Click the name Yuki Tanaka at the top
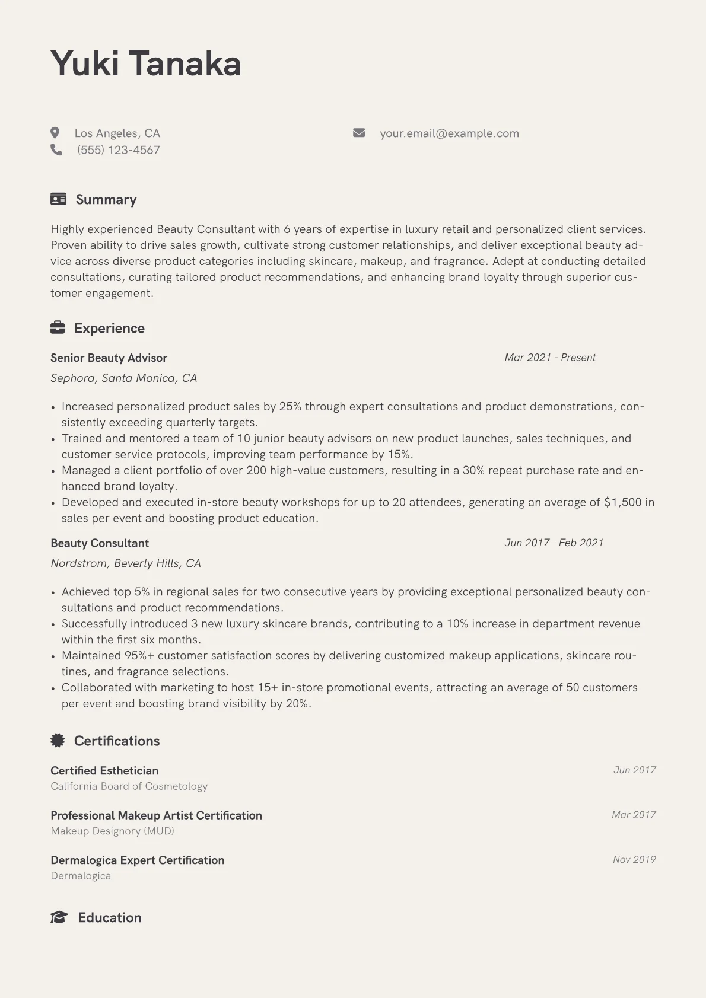coord(146,63)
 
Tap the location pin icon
coord(55,133)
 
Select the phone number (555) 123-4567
coord(118,150)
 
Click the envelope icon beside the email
coord(359,133)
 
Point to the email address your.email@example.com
coord(449,133)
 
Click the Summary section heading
coord(106,200)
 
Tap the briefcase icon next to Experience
coord(58,327)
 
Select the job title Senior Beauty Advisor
coord(109,358)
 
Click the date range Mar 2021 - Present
coord(550,358)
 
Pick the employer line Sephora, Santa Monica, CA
coord(123,378)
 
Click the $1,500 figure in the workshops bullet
coord(622,502)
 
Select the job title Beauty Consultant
coord(100,543)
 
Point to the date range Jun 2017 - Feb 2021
coord(554,543)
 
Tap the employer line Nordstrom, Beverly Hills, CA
coord(126,563)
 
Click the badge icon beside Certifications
coord(58,740)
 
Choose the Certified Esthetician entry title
coord(104,771)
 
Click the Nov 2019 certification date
coord(634,859)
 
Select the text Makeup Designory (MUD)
coord(112,831)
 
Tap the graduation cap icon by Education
coord(59,917)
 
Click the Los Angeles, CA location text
coord(117,133)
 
